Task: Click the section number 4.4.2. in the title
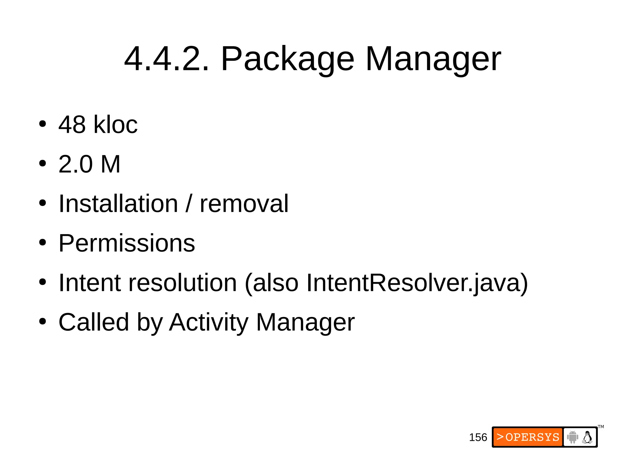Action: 167,59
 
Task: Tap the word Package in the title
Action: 287,59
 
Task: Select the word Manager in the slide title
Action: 433,59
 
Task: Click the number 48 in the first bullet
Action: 72,125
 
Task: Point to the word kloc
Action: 116,125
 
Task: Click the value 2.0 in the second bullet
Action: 75,164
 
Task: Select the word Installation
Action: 118,203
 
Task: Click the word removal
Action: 244,203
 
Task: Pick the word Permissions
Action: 127,243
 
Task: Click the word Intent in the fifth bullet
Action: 90,282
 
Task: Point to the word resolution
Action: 182,282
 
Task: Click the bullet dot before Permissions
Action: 42,243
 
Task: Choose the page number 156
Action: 478,437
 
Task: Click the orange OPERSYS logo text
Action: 528,437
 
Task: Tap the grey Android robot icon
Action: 573,437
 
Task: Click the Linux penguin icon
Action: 587,437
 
